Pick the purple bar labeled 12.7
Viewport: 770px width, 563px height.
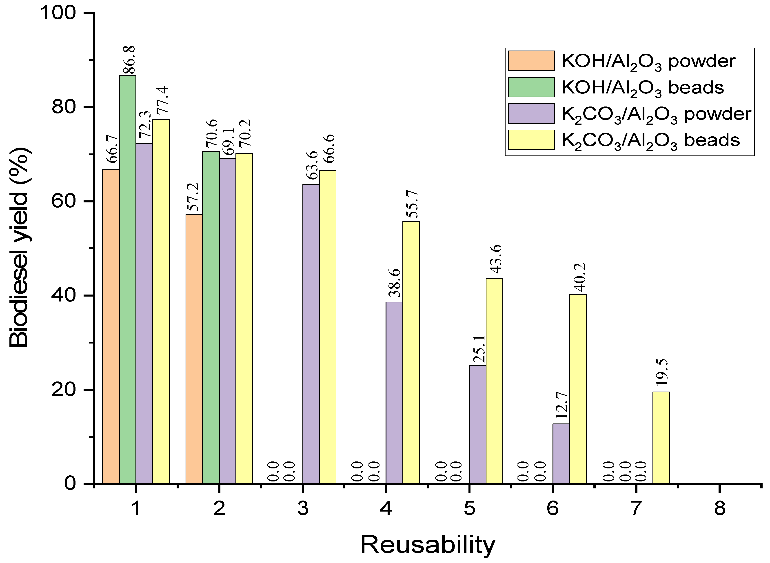click(x=561, y=453)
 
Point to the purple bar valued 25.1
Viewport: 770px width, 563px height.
click(x=477, y=424)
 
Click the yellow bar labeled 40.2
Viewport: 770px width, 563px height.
click(x=577, y=388)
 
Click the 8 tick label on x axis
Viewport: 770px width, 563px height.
click(x=719, y=509)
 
